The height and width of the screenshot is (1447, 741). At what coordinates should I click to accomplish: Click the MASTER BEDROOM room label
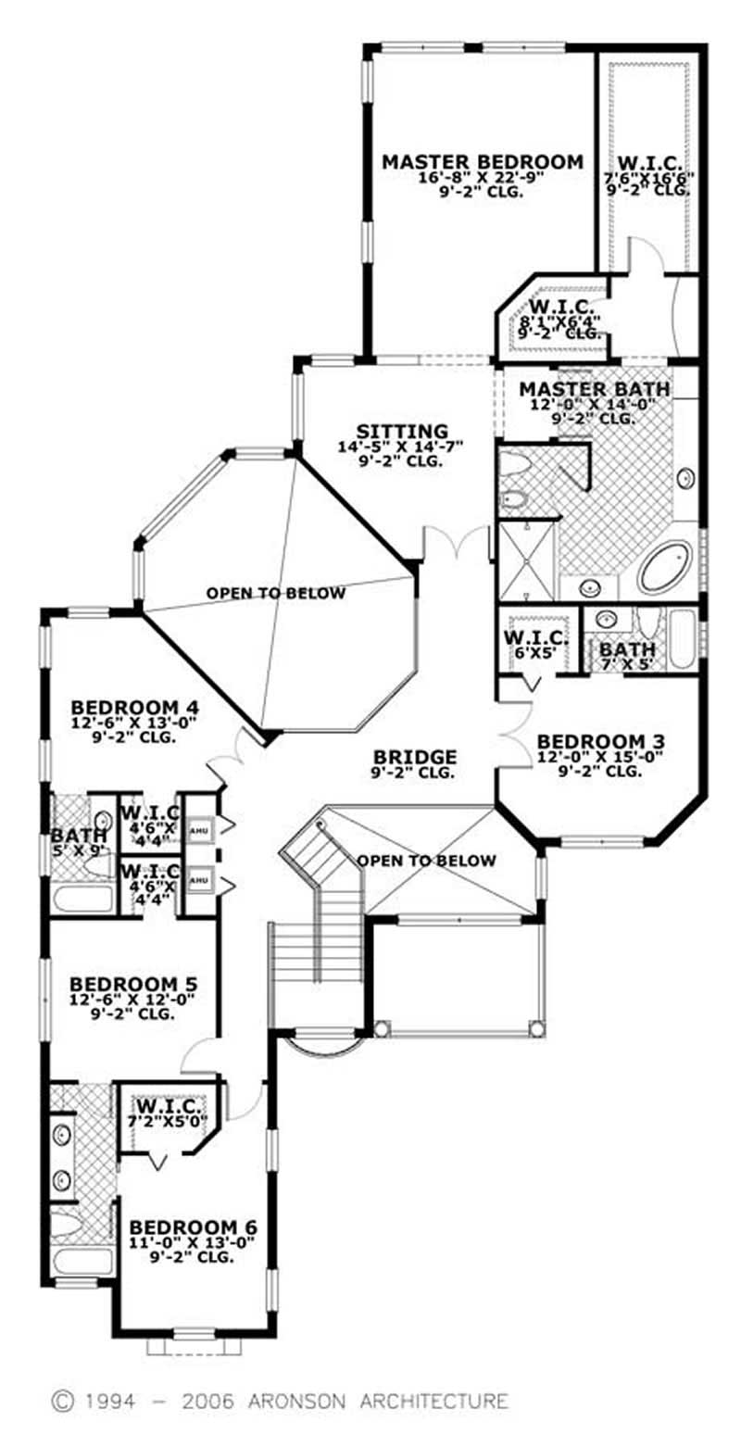click(483, 161)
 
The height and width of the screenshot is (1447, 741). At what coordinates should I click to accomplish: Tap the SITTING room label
click(402, 431)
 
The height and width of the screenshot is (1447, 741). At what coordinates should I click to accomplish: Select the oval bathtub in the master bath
click(665, 566)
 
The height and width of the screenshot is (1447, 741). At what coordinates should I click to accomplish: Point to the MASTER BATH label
click(594, 389)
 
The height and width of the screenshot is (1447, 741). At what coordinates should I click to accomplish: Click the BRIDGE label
click(414, 755)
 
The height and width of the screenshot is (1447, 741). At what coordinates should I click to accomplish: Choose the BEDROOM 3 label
click(602, 741)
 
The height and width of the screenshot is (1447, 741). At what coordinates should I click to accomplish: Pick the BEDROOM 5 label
click(134, 982)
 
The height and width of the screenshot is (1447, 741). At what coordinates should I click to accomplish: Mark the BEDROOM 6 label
click(192, 1224)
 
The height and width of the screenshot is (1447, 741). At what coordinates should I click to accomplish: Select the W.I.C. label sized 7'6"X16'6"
click(647, 159)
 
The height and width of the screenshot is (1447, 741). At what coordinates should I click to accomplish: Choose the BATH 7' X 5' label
click(627, 648)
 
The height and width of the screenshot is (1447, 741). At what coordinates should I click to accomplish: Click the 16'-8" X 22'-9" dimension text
click(483, 178)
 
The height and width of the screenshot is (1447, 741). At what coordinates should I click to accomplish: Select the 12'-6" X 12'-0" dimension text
click(134, 999)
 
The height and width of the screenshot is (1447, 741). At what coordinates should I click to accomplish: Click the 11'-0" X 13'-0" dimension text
click(192, 1241)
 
